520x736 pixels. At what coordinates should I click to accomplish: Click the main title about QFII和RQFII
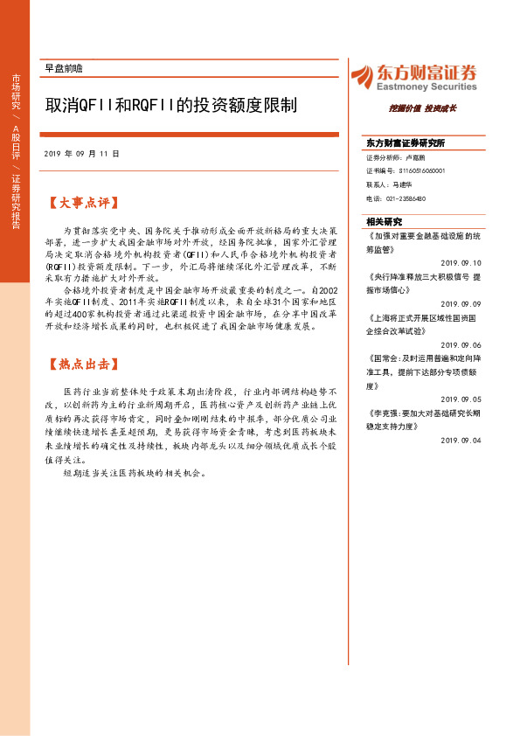(171, 106)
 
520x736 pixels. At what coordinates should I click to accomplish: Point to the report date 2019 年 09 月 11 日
(80, 153)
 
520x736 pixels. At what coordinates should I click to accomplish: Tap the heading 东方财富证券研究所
(406, 142)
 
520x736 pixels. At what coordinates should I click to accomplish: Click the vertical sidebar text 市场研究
(16, 92)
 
